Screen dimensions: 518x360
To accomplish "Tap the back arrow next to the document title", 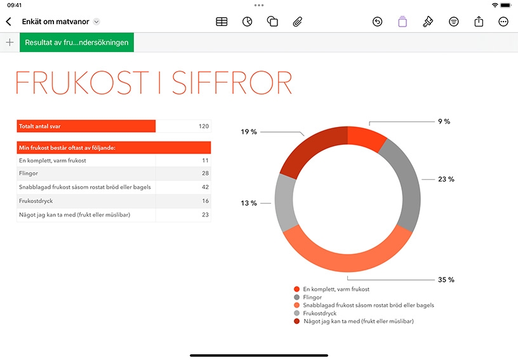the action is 9,22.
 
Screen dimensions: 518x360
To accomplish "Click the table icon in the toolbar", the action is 222,22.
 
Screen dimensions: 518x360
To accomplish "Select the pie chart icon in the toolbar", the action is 247,22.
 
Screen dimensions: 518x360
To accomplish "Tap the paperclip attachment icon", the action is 297,22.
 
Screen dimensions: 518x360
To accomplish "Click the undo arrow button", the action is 377,22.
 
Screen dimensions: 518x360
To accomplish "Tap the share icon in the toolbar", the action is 479,22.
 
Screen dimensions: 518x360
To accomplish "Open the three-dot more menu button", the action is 503,22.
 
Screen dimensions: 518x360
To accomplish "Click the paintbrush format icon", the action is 428,22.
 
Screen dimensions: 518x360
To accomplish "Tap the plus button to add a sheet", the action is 10,43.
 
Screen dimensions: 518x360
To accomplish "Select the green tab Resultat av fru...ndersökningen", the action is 77,43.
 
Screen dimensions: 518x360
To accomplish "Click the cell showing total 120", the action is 183,126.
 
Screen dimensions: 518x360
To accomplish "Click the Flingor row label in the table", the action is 29,173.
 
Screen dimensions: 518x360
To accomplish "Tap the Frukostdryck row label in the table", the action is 36,201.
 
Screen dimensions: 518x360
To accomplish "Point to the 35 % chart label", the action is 446,280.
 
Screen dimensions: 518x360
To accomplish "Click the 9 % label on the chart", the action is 444,121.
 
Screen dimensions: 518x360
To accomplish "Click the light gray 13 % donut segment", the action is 285,202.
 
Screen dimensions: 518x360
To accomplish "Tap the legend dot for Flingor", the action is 296,297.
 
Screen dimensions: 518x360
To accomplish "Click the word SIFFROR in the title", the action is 232,83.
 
